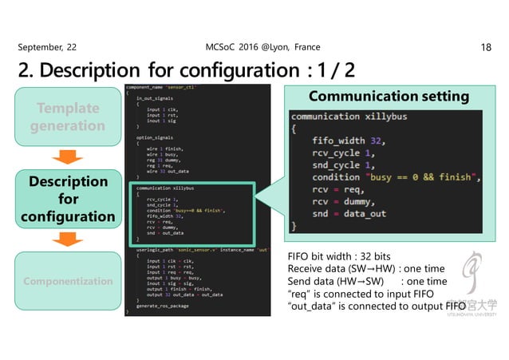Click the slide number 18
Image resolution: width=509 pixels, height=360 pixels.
[486, 48]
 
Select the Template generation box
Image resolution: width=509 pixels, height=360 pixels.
[68, 117]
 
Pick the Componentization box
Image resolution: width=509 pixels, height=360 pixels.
[68, 281]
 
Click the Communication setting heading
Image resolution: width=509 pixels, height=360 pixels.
[389, 97]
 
